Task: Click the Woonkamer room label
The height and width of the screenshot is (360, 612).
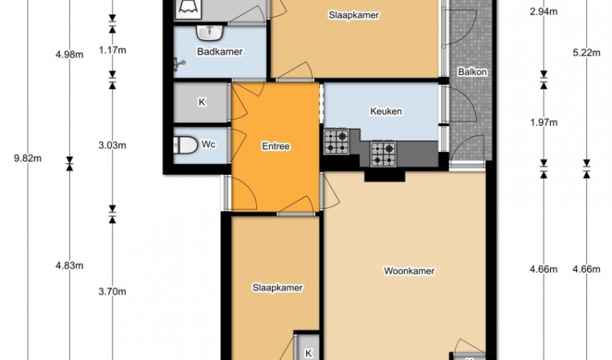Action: (409, 271)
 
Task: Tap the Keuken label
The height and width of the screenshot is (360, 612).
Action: (386, 112)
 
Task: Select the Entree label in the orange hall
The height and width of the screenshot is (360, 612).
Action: (276, 146)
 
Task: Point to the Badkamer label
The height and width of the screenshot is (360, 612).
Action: (220, 52)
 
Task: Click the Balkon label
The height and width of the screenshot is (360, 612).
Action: (472, 72)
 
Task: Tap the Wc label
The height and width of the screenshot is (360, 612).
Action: (208, 145)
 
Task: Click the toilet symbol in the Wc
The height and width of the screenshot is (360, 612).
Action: (185, 145)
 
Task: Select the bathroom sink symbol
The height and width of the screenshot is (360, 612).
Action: (210, 33)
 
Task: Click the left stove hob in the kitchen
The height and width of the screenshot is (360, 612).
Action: (336, 141)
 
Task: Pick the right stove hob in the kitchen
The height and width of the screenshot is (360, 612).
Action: (383, 154)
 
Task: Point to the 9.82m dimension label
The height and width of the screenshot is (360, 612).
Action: (27, 158)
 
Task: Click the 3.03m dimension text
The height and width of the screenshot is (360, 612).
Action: (112, 145)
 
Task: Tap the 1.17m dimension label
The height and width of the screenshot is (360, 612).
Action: (112, 50)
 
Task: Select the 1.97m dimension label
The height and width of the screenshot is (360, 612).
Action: (544, 122)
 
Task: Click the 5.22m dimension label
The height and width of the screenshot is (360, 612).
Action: (587, 53)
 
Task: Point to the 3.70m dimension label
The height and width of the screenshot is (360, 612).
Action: (112, 292)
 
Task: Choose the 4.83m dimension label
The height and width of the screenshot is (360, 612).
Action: (69, 266)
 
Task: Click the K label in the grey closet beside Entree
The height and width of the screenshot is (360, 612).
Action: (202, 102)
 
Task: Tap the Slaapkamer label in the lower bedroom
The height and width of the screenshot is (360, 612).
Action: (277, 288)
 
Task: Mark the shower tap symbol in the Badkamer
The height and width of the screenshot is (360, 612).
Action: (179, 63)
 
